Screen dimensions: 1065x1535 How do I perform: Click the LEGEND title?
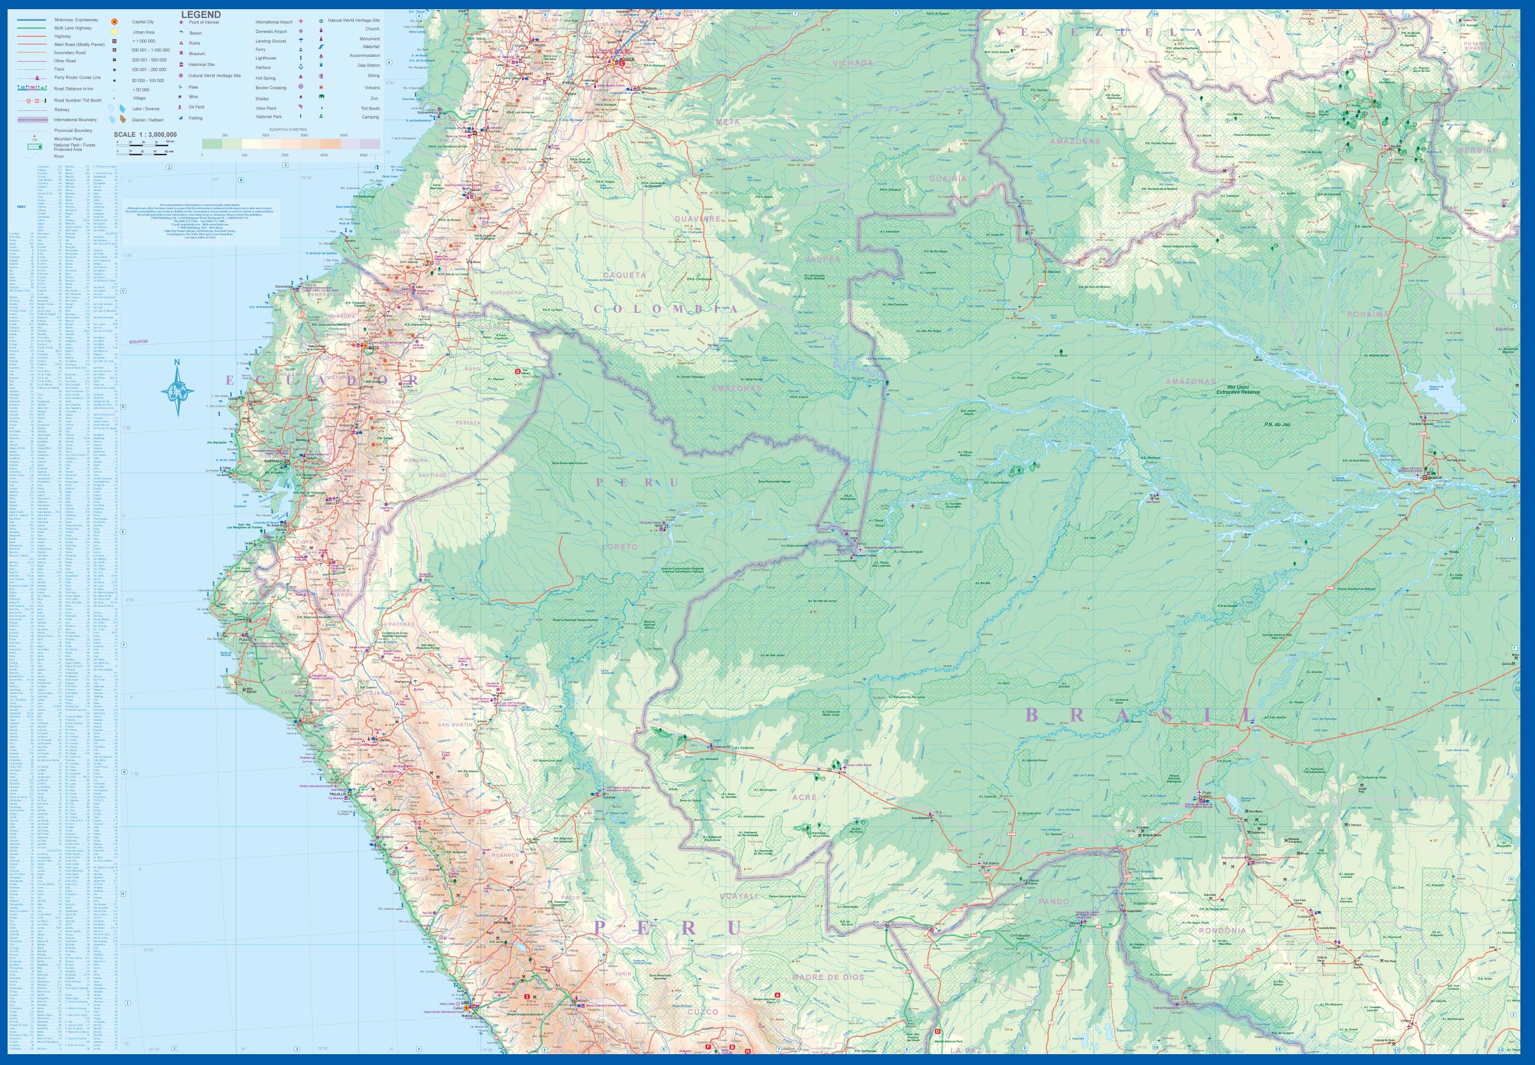(201, 15)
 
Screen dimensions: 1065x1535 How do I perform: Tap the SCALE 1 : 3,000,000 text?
(145, 135)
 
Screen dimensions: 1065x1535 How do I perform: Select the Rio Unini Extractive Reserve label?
(1237, 389)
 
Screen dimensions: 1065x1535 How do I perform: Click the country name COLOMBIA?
(666, 309)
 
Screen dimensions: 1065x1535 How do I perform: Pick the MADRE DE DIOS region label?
(828, 977)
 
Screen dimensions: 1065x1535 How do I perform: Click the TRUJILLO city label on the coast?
(338, 794)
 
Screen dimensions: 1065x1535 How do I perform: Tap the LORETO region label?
(620, 546)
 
